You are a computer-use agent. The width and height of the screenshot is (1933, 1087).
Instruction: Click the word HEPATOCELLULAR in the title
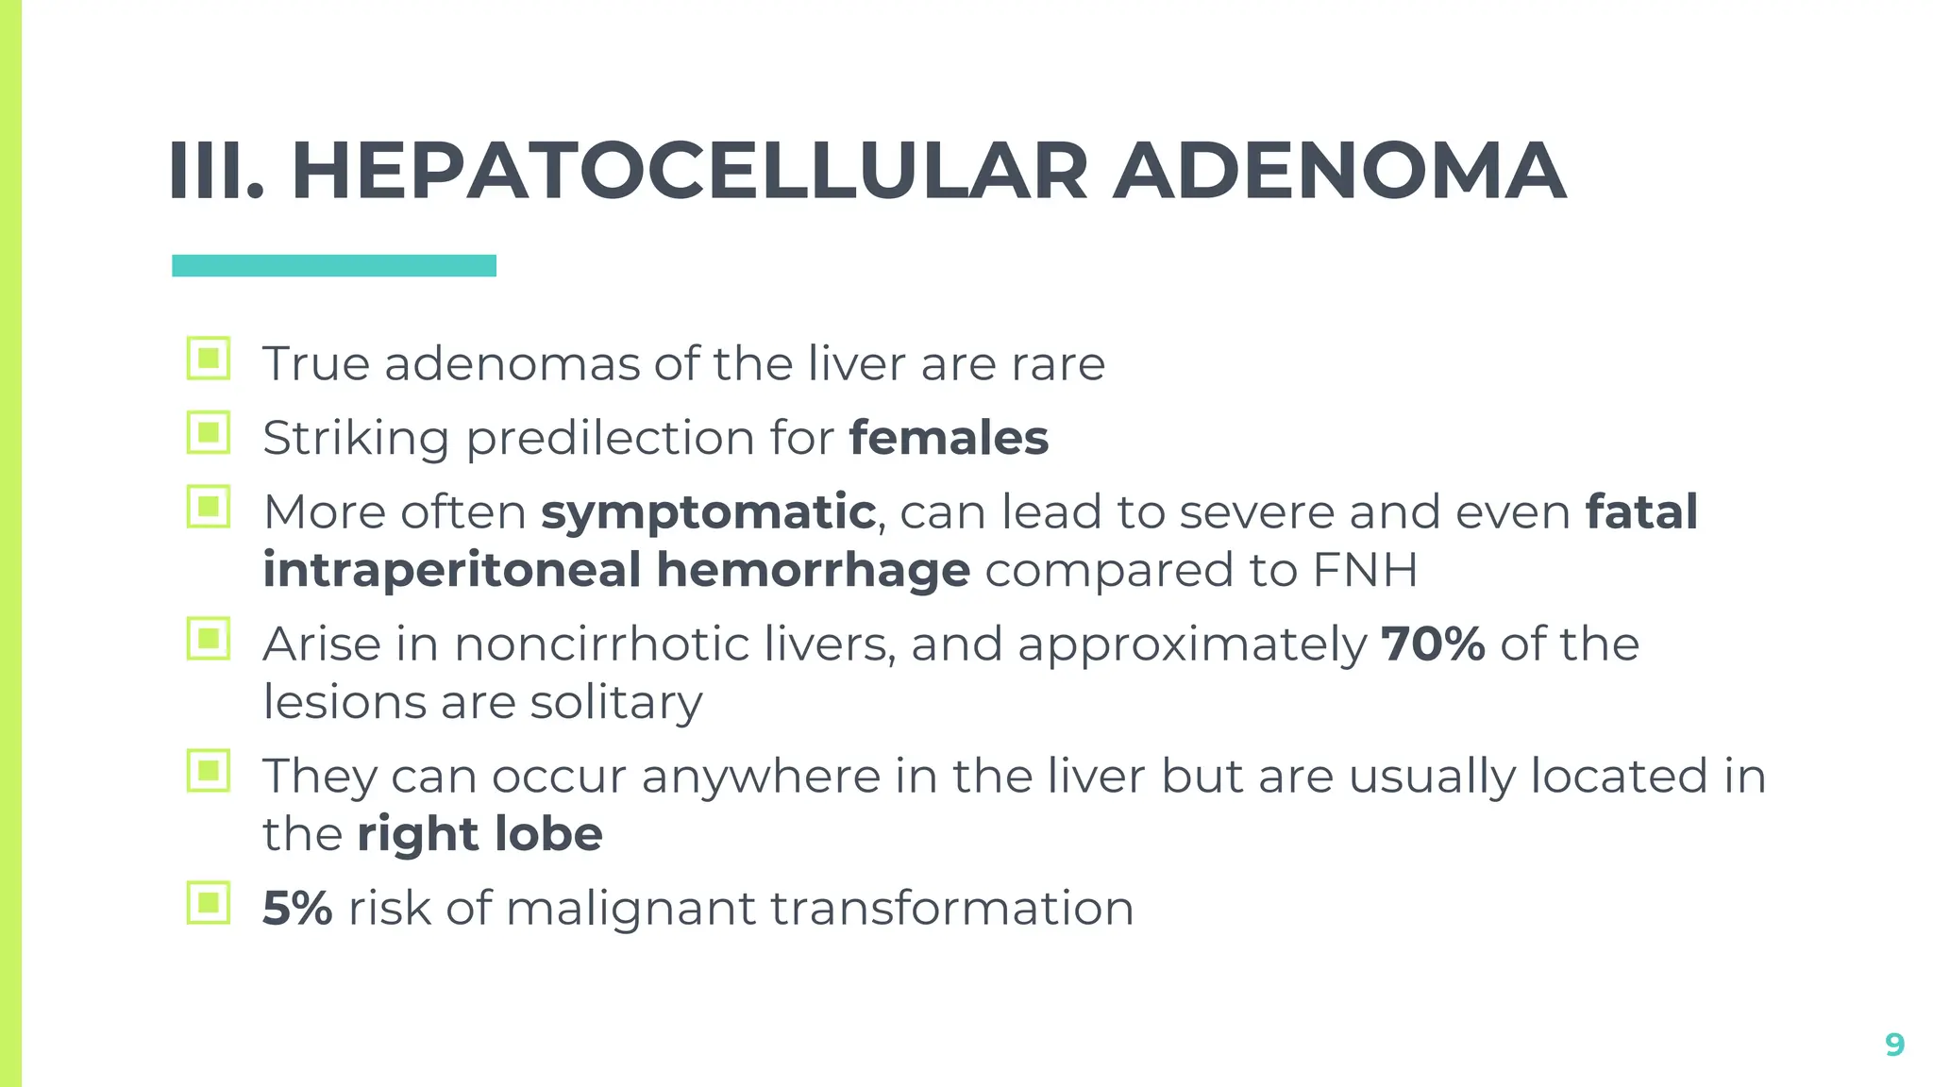pos(689,172)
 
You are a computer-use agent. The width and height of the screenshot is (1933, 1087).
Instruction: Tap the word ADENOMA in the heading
pos(1339,172)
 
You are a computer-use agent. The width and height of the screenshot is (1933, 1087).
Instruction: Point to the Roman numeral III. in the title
pos(216,172)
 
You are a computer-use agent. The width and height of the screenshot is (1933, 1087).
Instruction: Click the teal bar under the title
pos(333,265)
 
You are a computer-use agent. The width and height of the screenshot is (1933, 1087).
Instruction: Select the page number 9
pos(1894,1045)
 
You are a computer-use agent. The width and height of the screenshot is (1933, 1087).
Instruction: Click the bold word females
pos(949,438)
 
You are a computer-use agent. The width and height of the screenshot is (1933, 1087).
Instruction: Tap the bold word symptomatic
pos(708,513)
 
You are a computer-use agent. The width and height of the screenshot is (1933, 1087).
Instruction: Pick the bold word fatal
pos(1641,511)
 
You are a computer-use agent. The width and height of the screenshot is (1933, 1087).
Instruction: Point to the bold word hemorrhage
pos(813,571)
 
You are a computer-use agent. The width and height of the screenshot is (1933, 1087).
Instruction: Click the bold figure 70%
pos(1433,644)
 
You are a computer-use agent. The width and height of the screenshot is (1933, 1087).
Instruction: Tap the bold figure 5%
pos(297,908)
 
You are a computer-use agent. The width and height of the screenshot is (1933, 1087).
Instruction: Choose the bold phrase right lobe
pos(479,834)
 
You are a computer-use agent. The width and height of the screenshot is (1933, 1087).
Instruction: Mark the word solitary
pos(615,703)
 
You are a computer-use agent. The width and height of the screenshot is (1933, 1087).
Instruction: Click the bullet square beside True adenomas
pos(209,359)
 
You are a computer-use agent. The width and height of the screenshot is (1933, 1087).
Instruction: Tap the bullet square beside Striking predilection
pos(209,433)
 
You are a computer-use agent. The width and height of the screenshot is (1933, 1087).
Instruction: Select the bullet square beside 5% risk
pos(209,903)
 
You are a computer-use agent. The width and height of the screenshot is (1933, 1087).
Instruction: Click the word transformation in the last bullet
pos(951,908)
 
